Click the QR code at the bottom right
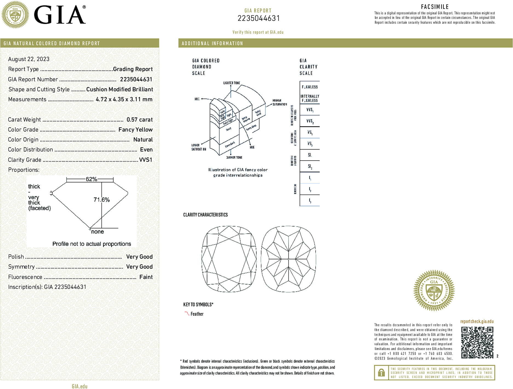477,342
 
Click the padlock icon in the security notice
381,373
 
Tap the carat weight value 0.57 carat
139,120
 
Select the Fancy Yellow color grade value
135,130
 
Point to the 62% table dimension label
91,179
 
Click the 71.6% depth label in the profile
102,200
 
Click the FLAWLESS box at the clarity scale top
309,87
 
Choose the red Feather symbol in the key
187,313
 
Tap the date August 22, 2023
29,59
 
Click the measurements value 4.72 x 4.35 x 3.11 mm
124,99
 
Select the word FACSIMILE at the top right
435,7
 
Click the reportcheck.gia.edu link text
477,321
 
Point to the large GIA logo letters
60,15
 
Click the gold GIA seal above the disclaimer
434,291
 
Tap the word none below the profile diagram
98,232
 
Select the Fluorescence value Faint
146,277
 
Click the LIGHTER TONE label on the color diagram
231,83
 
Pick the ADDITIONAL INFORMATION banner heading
212,43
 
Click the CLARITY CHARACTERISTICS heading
205,215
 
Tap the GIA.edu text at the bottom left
80,386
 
